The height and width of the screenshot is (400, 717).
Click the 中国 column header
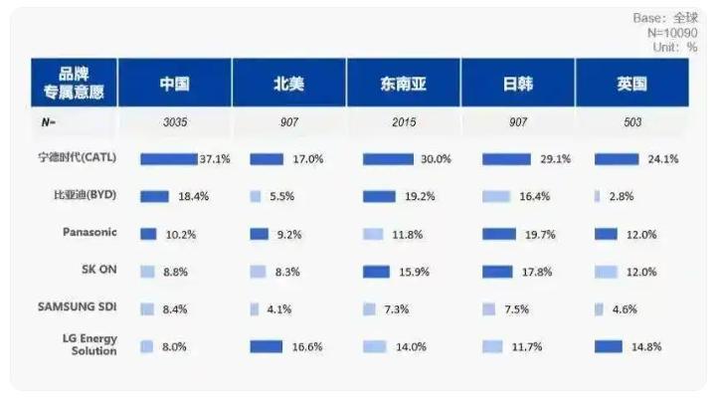[174, 84]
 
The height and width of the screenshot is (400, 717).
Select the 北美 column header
[288, 84]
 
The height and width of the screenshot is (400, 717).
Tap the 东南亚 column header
[404, 84]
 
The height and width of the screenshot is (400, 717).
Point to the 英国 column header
[631, 84]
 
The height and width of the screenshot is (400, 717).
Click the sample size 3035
[175, 122]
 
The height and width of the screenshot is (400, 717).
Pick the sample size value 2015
[404, 122]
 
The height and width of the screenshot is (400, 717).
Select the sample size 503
[632, 122]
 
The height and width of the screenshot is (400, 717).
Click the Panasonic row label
[90, 232]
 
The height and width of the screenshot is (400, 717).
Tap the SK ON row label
[99, 269]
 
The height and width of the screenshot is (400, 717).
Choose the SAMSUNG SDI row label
[78, 306]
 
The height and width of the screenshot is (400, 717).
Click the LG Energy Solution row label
[90, 344]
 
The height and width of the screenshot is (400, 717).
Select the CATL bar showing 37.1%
[169, 159]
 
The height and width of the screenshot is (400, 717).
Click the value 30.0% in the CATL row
[436, 159]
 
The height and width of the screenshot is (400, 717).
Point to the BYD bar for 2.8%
[597, 196]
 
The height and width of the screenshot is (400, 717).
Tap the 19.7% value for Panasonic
[540, 235]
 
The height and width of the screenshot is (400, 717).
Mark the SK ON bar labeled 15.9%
[376, 272]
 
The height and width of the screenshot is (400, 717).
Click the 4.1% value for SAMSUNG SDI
[279, 309]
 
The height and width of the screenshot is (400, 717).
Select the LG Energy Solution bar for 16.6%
[267, 347]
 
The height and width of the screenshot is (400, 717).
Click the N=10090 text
[672, 33]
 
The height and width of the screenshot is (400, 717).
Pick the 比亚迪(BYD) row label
[86, 195]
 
